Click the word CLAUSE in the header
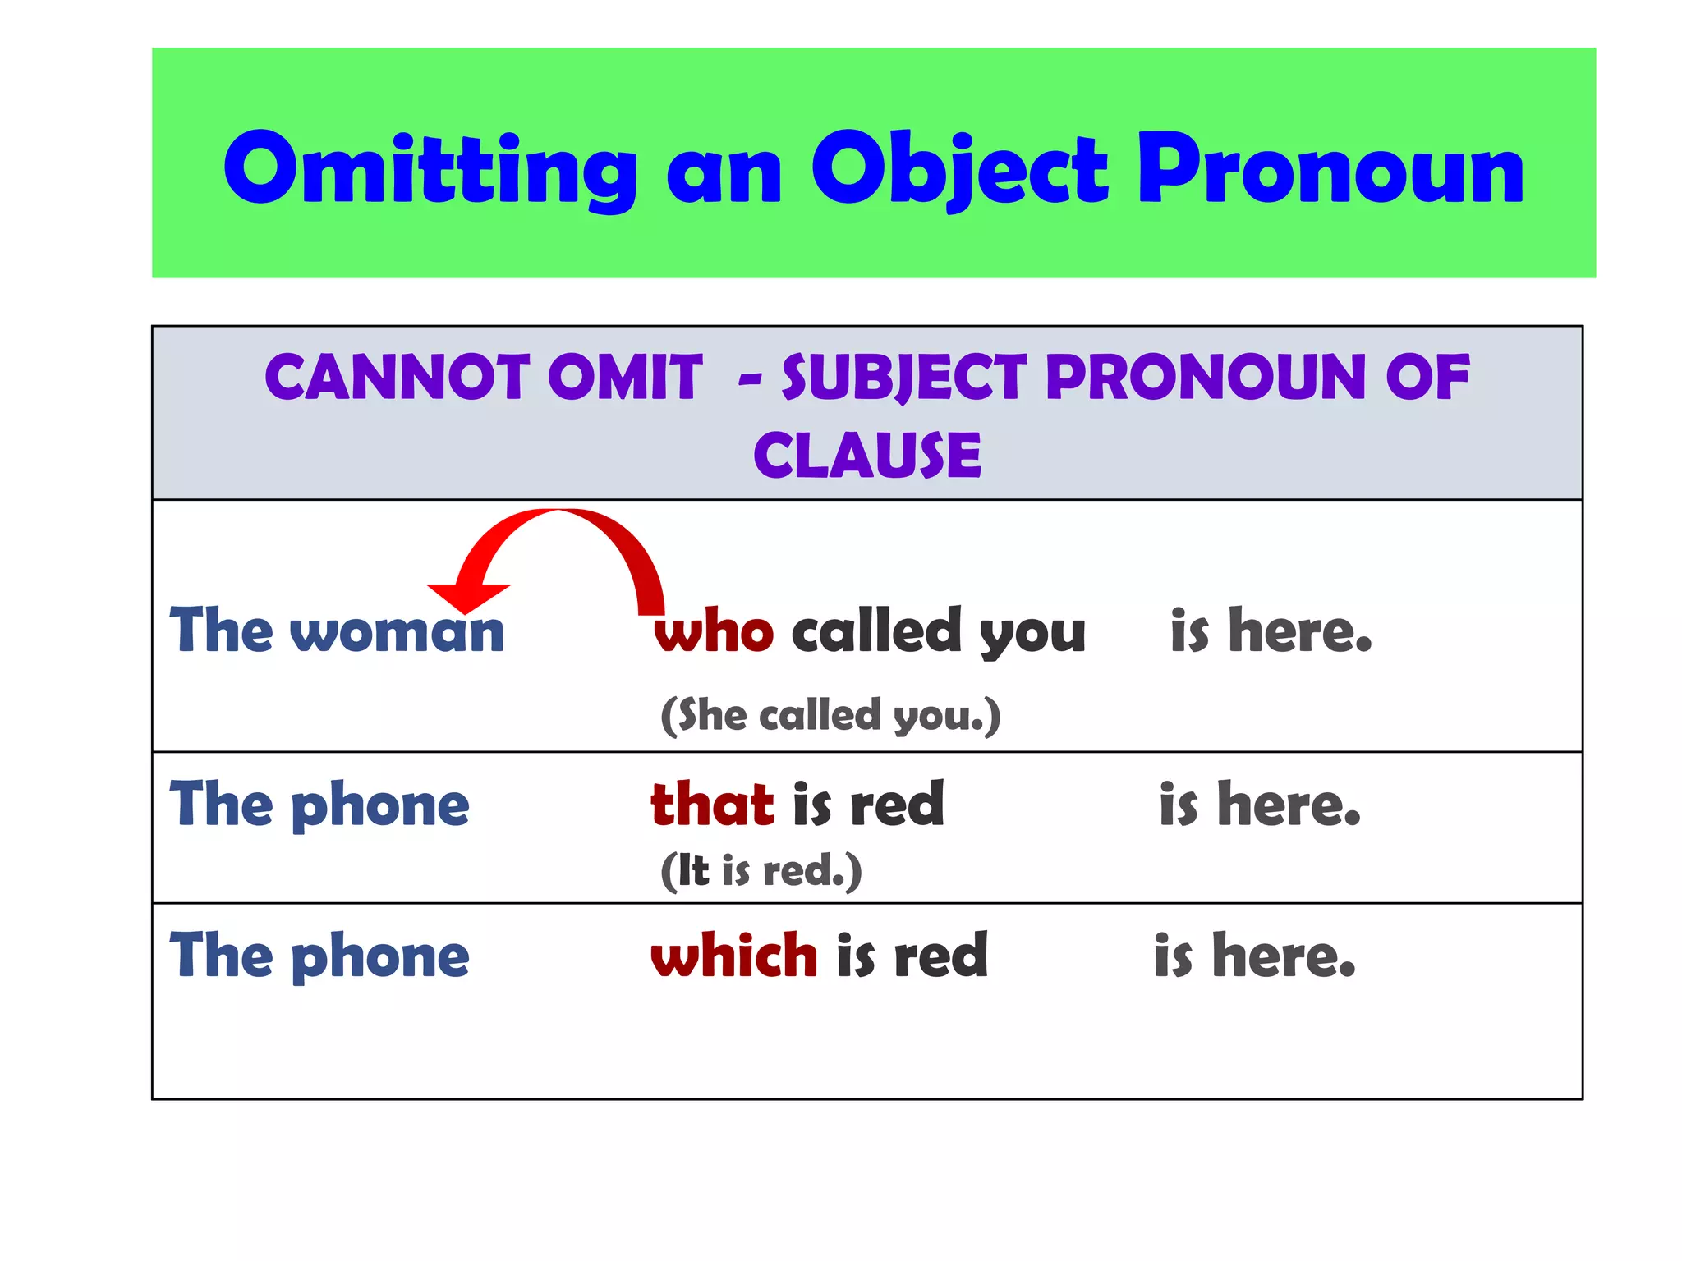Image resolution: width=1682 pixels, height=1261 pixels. (x=866, y=456)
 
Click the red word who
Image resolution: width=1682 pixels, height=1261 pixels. (x=713, y=632)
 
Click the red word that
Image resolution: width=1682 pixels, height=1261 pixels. (x=712, y=805)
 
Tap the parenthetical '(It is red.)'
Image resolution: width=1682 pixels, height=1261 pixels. (x=761, y=871)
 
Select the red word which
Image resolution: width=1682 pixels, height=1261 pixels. (x=733, y=956)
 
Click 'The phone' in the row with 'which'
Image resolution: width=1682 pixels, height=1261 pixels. (x=319, y=956)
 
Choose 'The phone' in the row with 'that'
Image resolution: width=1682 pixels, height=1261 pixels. (x=319, y=805)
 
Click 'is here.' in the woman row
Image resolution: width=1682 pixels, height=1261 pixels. (x=1271, y=632)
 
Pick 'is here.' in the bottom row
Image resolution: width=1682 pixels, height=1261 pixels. (x=1254, y=956)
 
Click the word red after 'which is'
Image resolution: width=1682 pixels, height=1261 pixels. (x=941, y=956)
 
